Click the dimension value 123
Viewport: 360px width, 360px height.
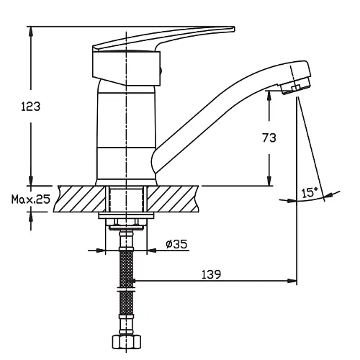pos(31,107)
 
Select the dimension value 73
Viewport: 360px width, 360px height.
pos(269,138)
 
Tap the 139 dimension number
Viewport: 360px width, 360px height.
pos(211,274)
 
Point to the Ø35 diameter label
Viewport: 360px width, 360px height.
pos(176,244)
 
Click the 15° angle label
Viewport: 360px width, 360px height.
pos(310,192)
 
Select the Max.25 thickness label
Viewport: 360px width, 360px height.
pos(31,199)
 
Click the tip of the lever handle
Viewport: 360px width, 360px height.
pos(233,29)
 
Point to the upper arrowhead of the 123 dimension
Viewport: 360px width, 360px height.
pos(31,31)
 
